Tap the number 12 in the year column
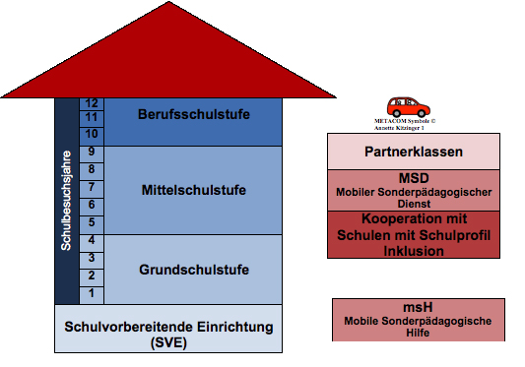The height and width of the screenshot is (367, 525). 91,103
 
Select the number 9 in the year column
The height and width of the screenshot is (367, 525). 91,151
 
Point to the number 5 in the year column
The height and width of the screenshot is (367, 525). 91,221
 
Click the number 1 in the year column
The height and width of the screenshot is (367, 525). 91,293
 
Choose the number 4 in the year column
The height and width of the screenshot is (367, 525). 91,240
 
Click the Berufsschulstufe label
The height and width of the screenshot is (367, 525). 192,113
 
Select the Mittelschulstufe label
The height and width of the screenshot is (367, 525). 193,189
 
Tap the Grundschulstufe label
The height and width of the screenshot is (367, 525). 193,269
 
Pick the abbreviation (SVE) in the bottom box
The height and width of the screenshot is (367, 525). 167,341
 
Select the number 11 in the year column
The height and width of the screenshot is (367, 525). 91,117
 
